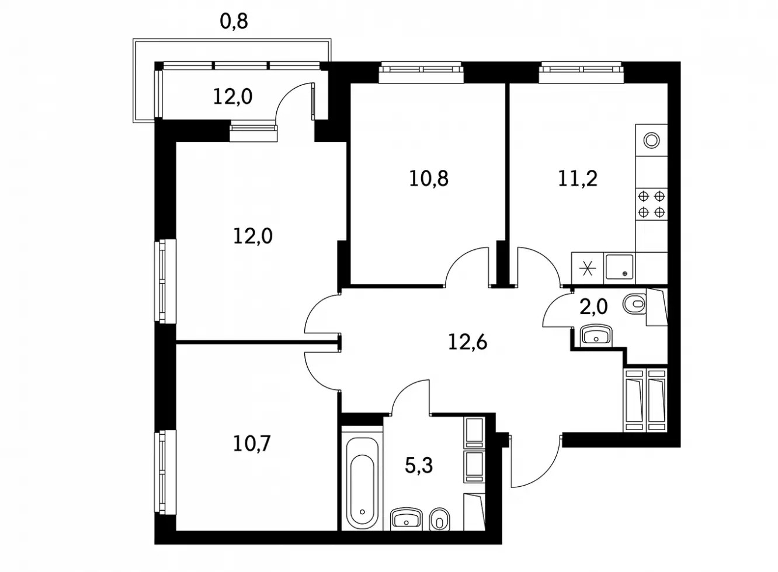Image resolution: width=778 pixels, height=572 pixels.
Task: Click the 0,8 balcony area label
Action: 234,22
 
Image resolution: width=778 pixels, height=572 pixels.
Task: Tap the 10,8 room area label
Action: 429,179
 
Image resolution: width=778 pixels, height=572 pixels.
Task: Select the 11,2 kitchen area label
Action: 578,179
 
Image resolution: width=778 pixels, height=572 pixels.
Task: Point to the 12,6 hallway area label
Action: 468,342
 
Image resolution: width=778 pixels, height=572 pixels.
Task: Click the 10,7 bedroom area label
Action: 252,444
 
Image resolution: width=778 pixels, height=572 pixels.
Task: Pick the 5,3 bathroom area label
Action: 419,465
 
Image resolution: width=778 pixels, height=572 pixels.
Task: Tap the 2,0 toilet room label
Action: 593,307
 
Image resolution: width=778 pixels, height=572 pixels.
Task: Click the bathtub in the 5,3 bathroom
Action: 362,483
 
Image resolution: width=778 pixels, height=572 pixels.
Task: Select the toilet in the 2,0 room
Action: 635,305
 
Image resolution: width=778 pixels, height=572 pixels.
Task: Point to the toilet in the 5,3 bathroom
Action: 439,520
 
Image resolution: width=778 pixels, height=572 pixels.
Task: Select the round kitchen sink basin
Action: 651,141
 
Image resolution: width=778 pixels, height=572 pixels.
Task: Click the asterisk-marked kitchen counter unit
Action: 588,268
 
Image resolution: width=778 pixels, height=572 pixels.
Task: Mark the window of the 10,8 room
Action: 421,72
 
